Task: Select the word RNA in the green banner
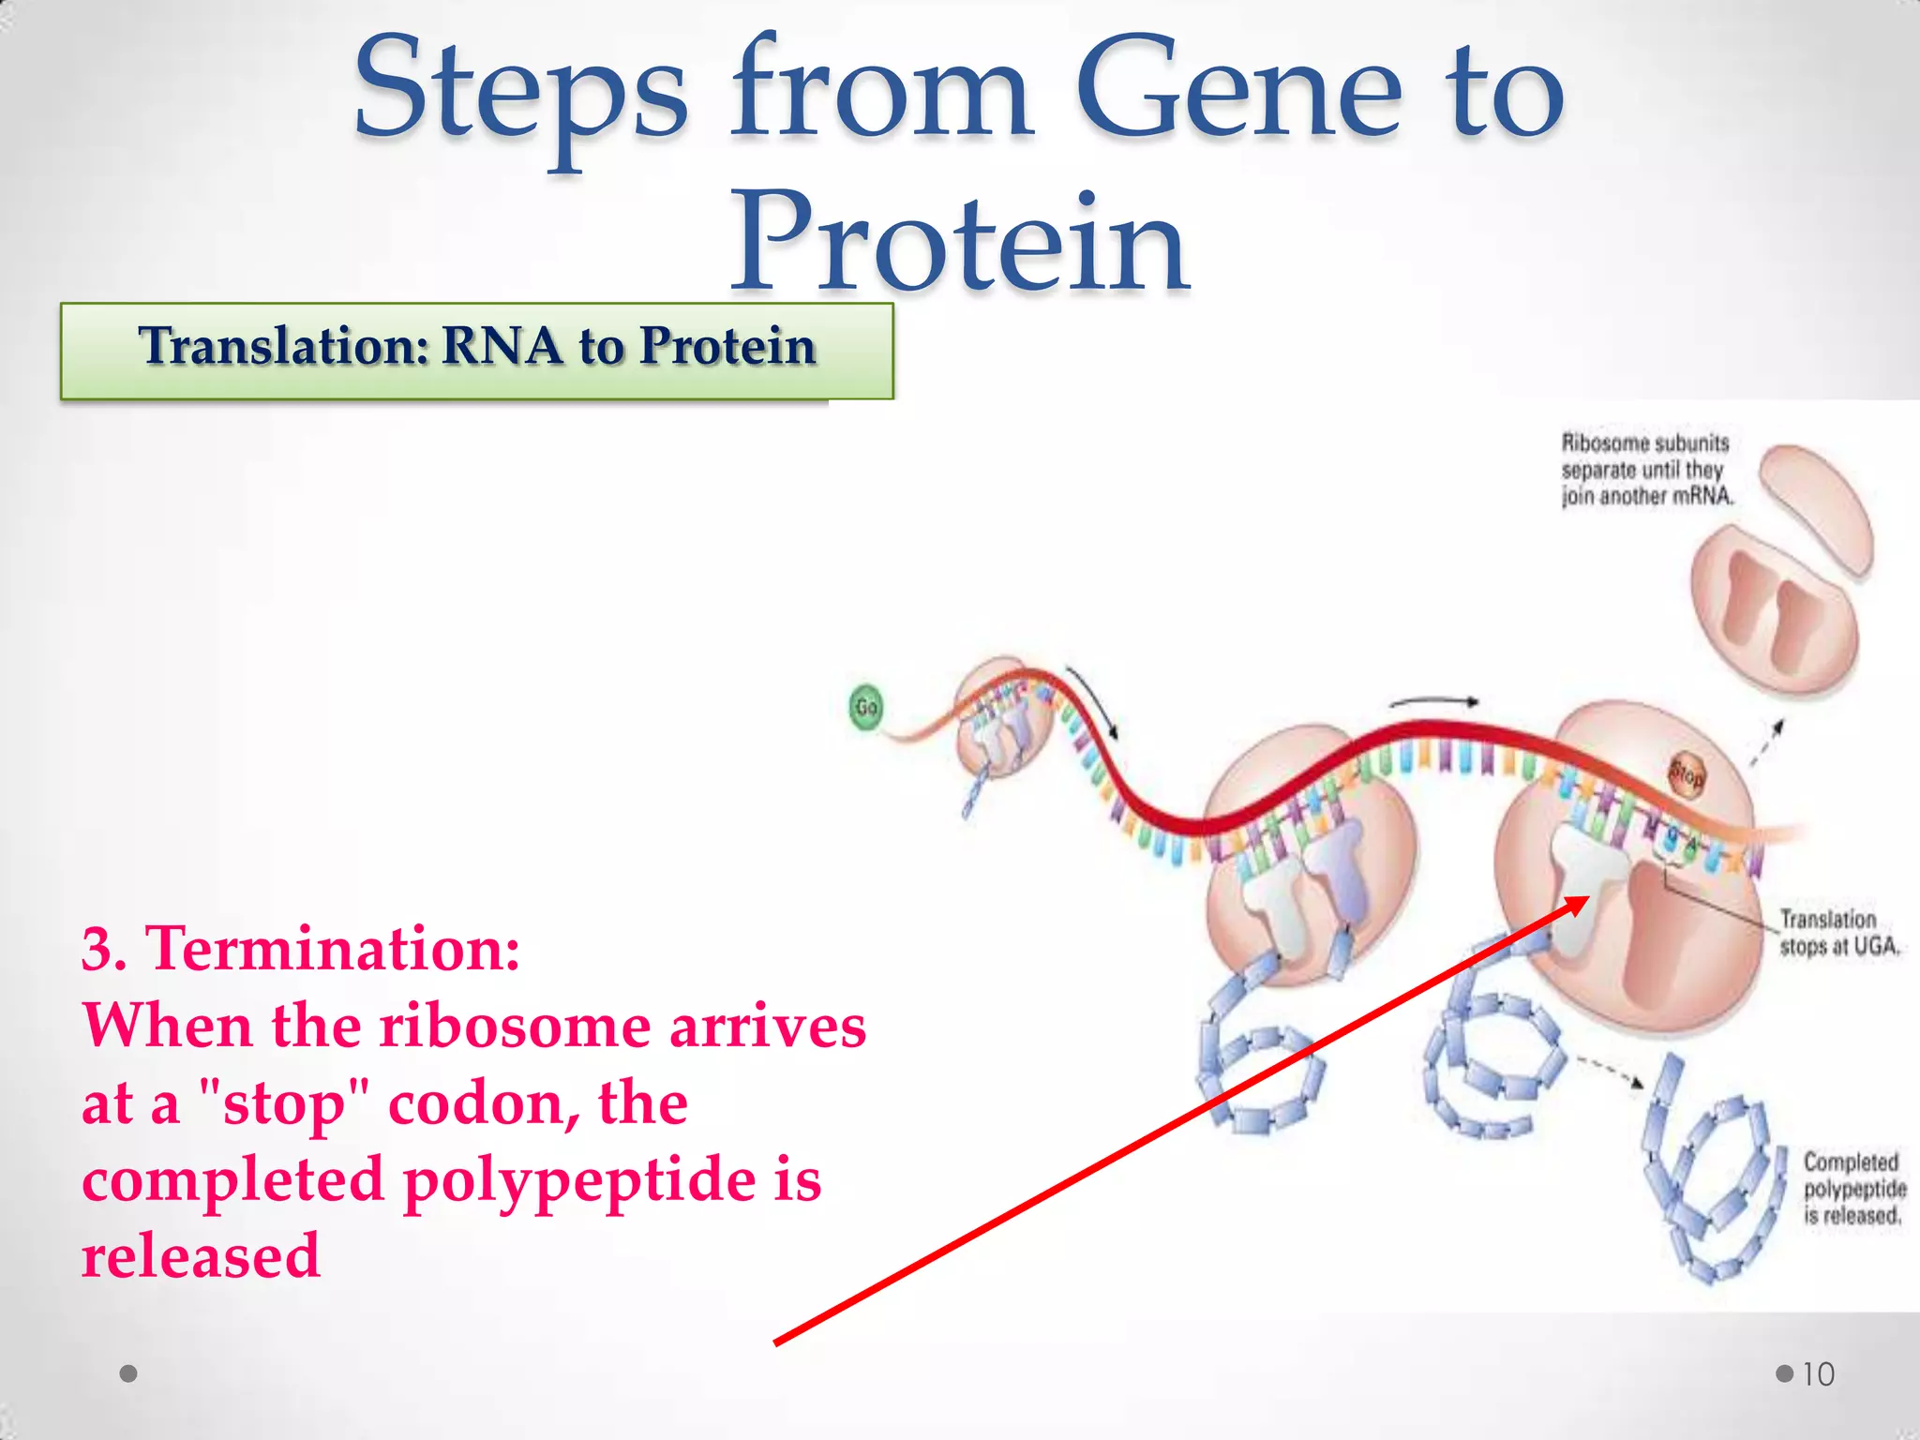(501, 346)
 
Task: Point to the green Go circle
(866, 707)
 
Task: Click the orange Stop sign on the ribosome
(1687, 776)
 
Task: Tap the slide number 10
(1818, 1374)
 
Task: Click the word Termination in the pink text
(332, 949)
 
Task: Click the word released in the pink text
(201, 1256)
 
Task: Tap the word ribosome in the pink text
(515, 1026)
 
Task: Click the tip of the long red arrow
(1587, 898)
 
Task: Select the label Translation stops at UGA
(1838, 933)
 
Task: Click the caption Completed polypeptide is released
(1853, 1189)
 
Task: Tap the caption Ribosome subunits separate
(1645, 469)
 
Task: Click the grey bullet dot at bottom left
(129, 1373)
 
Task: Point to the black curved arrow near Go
(1092, 702)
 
